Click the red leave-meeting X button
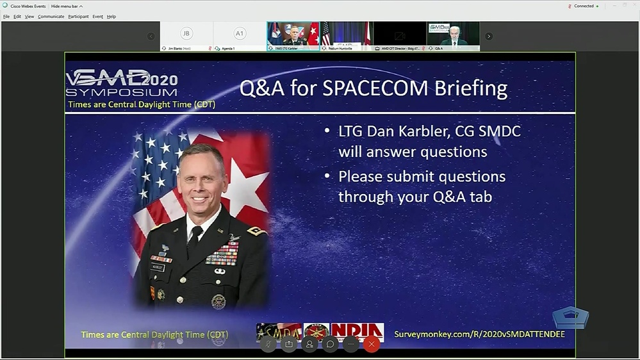pos(372,344)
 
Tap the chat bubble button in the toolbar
pos(330,344)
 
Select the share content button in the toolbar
pos(289,344)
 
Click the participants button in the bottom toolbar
pos(309,344)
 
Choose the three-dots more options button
pos(350,344)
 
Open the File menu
pos(6,17)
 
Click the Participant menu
pos(78,17)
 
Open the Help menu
pos(111,17)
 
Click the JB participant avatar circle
pos(186,33)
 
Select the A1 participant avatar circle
pos(240,33)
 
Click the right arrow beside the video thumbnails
pos(489,37)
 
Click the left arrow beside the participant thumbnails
pos(151,37)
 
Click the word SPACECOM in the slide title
pos(372,88)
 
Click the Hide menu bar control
pos(67,6)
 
